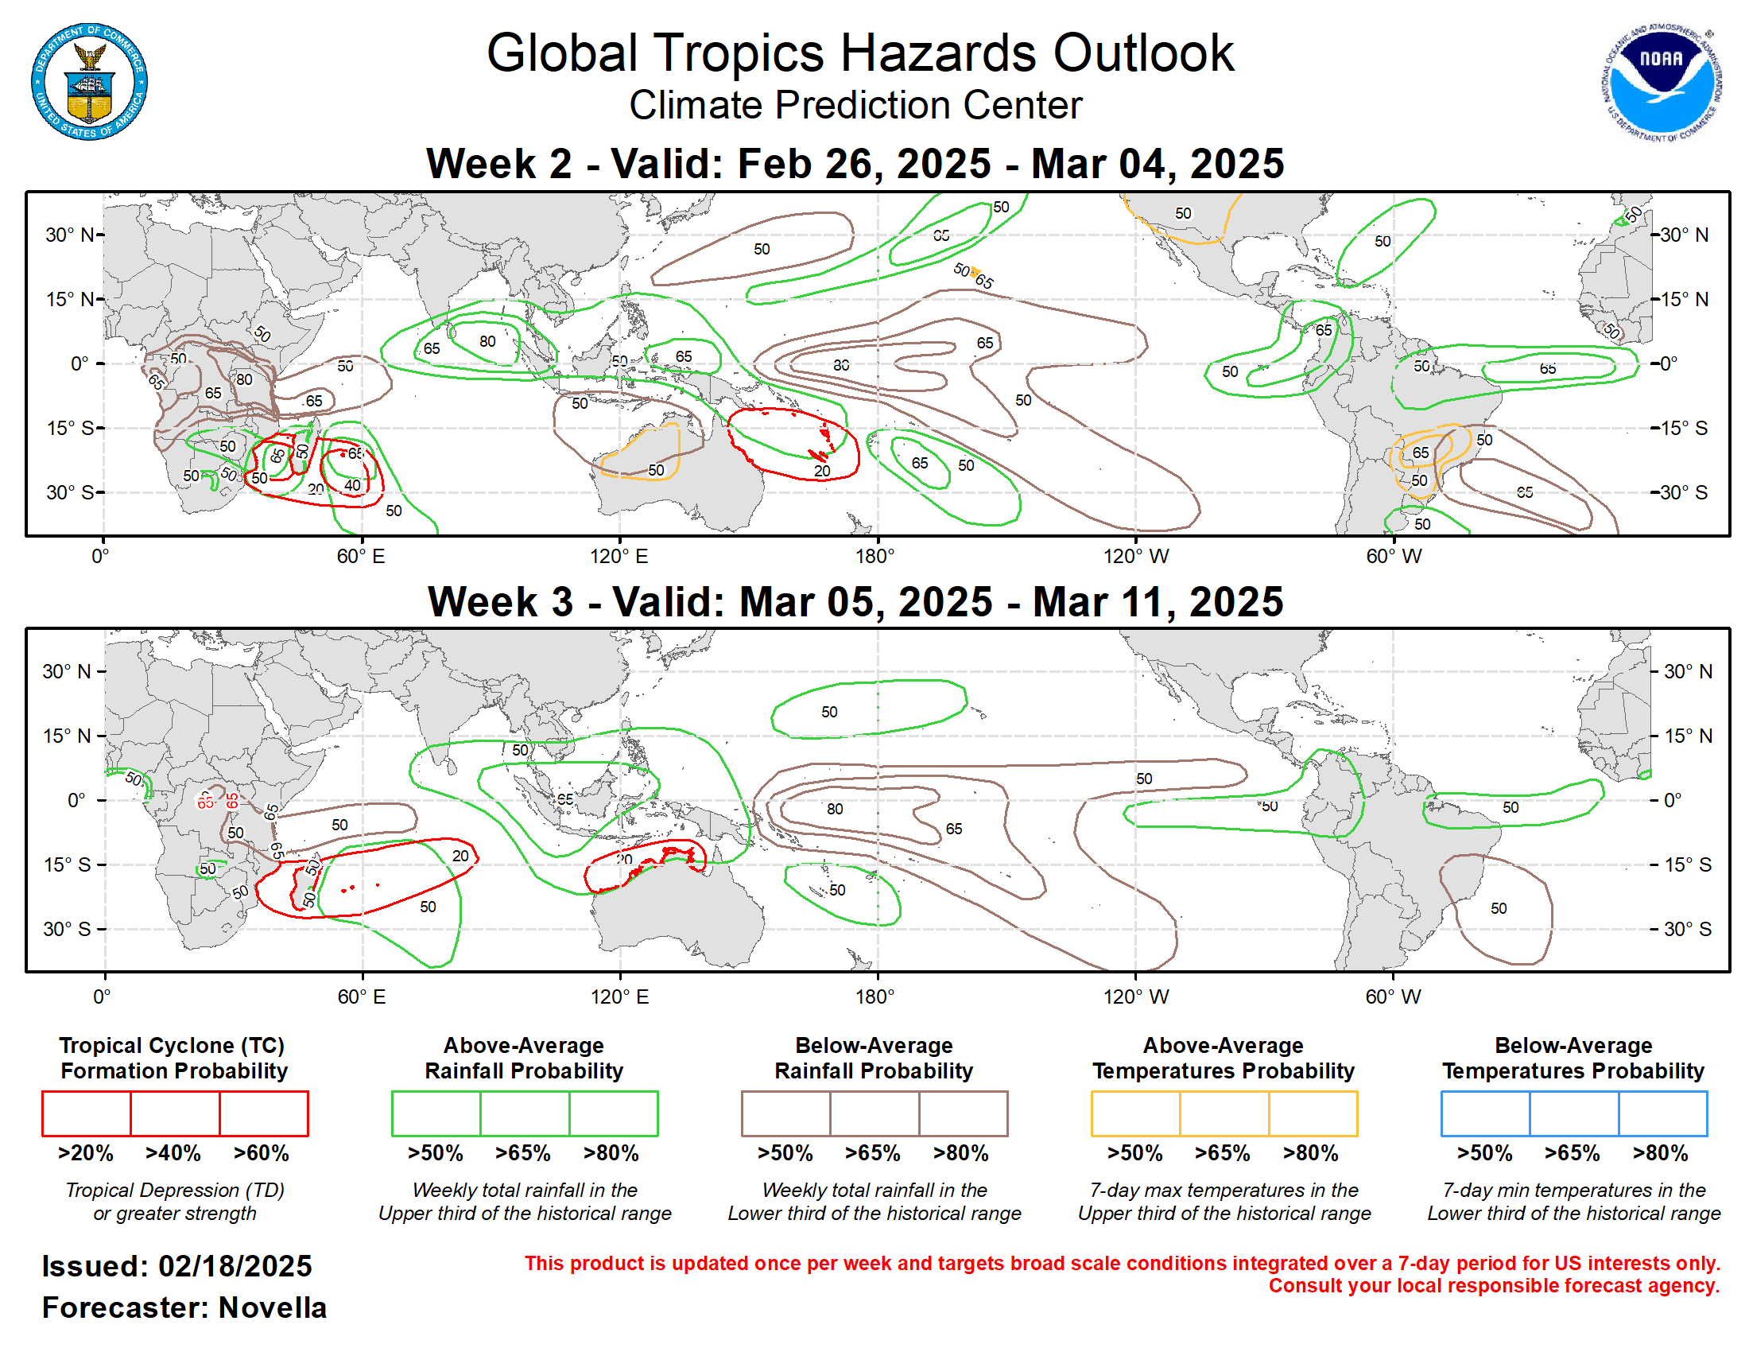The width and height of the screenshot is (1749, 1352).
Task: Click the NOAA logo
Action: click(x=1660, y=82)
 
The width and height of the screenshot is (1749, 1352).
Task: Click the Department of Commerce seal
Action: click(x=89, y=82)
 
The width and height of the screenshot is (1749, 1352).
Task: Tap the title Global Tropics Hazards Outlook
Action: click(x=859, y=53)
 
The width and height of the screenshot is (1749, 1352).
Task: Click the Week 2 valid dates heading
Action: click(x=855, y=163)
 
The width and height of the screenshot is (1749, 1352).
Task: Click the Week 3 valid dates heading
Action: click(x=855, y=601)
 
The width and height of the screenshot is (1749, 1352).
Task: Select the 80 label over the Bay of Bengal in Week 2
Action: click(x=487, y=341)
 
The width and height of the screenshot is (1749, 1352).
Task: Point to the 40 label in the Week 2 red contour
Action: click(x=352, y=484)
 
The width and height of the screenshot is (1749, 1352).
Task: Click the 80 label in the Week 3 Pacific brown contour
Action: click(x=835, y=809)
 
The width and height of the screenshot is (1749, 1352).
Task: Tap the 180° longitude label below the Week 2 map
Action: click(x=874, y=556)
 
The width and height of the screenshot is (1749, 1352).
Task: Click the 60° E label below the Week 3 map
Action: click(x=361, y=997)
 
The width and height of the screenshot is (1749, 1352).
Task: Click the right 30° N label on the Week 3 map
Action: click(x=1687, y=671)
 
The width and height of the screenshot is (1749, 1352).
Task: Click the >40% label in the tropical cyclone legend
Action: click(x=173, y=1152)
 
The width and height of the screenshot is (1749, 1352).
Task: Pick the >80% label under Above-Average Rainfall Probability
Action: click(x=611, y=1152)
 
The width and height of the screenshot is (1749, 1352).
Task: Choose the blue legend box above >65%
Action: click(x=1573, y=1113)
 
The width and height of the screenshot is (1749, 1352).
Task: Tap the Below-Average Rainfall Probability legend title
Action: click(x=874, y=1057)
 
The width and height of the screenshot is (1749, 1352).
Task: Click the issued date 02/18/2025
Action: click(x=235, y=1266)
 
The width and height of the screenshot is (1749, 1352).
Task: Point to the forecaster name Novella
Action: click(x=272, y=1307)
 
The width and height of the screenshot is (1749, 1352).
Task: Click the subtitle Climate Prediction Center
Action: click(x=855, y=105)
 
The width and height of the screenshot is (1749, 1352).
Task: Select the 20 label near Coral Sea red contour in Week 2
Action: click(x=822, y=471)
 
